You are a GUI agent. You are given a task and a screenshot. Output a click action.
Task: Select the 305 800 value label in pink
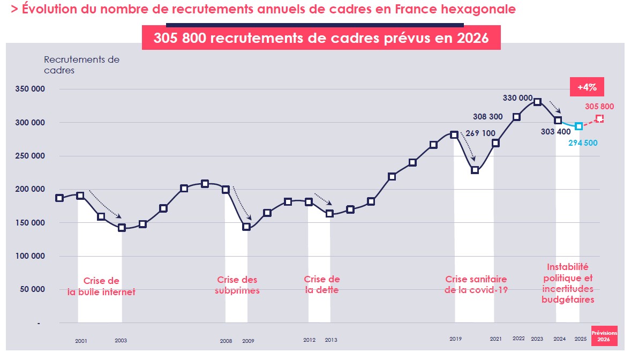point(599,106)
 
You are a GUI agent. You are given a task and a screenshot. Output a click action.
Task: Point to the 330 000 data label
point(518,98)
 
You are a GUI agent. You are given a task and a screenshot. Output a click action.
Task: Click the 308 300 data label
point(487,116)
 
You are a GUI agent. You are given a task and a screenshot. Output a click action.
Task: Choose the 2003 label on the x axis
point(121,341)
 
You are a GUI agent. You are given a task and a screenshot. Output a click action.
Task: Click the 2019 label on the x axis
point(455,339)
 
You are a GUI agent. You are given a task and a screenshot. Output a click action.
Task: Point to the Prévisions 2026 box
point(604,336)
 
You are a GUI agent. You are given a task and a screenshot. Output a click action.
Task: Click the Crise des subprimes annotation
point(237,285)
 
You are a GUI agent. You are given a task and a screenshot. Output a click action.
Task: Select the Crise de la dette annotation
point(322,285)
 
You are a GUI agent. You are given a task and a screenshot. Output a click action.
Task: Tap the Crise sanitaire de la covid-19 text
point(476,285)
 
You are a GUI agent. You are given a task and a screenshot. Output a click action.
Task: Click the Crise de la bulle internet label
point(101,287)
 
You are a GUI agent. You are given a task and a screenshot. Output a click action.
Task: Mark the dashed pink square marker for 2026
point(599,118)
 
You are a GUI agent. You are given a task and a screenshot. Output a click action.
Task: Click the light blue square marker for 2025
point(579,126)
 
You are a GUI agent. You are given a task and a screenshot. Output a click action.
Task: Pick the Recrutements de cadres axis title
point(81,65)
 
